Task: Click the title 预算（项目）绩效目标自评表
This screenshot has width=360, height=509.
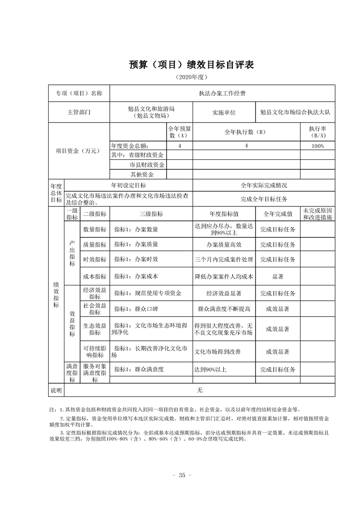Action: [x=191, y=64]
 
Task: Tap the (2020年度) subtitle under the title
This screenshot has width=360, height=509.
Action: [x=191, y=78]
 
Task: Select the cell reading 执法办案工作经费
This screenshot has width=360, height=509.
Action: [x=222, y=93]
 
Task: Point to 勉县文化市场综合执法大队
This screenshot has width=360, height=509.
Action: [x=295, y=112]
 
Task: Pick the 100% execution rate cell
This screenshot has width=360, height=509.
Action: [x=317, y=146]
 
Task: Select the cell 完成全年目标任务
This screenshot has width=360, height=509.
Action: [x=264, y=199]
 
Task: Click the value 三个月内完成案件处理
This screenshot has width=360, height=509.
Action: [x=224, y=259]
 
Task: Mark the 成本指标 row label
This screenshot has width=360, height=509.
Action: [x=95, y=276]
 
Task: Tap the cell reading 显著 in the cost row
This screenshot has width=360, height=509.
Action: [x=277, y=276]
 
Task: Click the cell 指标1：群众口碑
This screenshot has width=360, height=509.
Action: [x=136, y=309]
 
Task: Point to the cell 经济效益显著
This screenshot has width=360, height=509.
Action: [x=224, y=293]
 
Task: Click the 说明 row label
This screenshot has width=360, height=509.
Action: [x=56, y=390]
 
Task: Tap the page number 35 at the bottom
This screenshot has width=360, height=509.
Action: [x=182, y=475]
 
